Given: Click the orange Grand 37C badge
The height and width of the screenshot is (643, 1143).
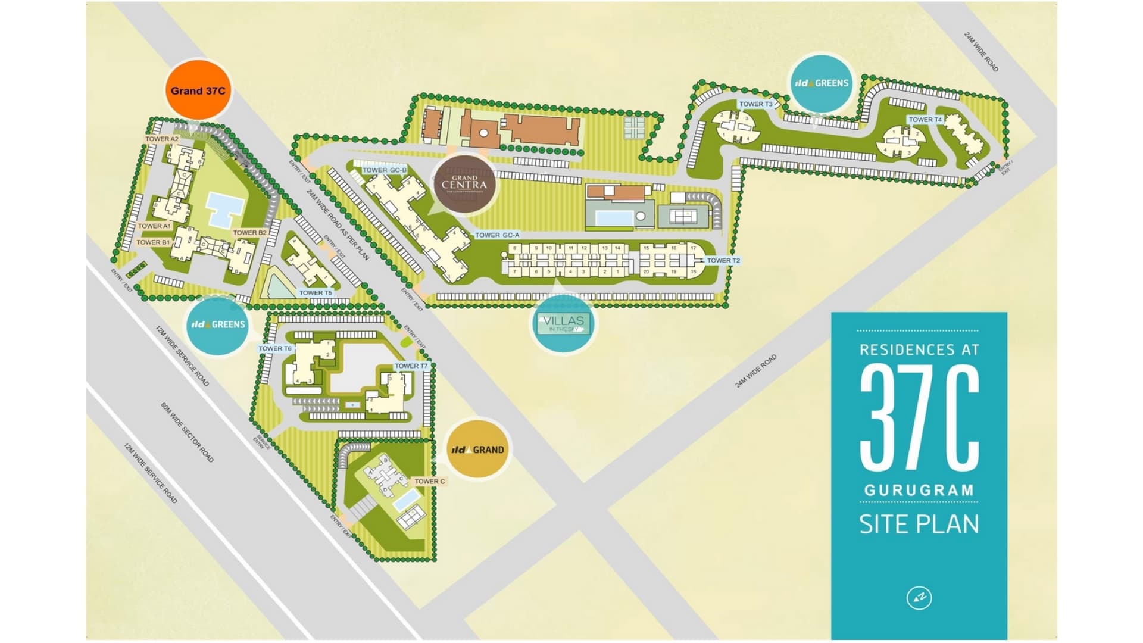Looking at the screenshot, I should tap(198, 90).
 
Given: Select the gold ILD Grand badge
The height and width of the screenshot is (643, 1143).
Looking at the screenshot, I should tap(477, 450).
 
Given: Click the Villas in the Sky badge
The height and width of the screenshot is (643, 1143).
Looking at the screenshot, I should tap(563, 323).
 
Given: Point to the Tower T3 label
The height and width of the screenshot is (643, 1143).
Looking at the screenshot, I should tap(755, 104).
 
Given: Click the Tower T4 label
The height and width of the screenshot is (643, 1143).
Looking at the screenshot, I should tap(925, 120).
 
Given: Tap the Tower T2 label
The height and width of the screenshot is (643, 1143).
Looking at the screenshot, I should tap(723, 260).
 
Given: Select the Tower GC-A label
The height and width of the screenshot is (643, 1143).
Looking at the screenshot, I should tap(497, 235).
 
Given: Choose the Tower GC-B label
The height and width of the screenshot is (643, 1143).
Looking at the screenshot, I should tap(385, 170).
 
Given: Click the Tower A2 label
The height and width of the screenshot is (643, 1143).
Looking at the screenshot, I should tap(162, 139).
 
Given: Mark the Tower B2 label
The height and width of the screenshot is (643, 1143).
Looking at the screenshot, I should tap(249, 233).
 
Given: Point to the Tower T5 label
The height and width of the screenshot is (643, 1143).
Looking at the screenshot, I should tap(316, 293).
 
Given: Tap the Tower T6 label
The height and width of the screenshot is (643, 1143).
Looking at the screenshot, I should tap(275, 348).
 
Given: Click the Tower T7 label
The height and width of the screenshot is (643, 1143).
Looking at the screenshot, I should tap(411, 366).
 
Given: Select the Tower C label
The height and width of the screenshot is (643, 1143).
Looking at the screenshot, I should tap(430, 481).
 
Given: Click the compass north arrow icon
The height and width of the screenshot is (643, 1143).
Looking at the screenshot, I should tap(919, 597).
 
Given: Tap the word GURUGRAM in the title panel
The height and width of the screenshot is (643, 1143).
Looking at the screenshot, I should tap(919, 490).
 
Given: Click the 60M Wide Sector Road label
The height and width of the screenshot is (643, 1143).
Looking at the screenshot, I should tap(187, 432).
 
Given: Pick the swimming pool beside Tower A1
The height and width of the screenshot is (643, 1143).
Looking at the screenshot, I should tap(224, 209).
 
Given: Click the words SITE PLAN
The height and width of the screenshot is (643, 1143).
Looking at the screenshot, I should tap(919, 524).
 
